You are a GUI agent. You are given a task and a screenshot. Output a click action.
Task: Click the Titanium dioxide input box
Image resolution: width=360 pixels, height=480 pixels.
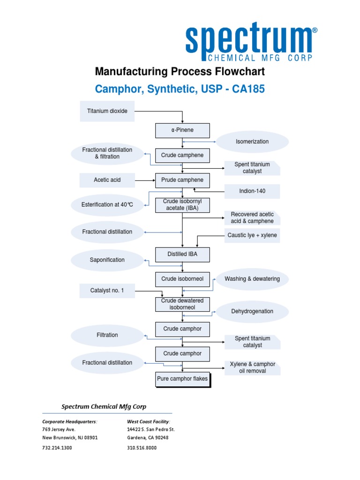[107, 111]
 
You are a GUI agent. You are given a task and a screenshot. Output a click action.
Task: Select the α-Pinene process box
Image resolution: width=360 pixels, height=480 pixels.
[182, 130]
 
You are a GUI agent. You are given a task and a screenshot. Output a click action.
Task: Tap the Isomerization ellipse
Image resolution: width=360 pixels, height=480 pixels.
[252, 142]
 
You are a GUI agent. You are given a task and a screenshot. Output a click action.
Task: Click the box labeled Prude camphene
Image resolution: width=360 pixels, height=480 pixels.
[182, 180]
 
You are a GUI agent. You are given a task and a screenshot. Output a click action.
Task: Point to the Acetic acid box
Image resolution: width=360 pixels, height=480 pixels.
[107, 180]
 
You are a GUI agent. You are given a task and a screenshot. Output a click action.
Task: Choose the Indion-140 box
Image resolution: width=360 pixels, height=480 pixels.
[252, 191]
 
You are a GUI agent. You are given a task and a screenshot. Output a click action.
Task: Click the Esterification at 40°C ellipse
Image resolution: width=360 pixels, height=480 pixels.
[107, 205]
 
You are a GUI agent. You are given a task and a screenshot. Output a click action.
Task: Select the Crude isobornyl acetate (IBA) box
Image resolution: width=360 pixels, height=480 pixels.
[182, 205]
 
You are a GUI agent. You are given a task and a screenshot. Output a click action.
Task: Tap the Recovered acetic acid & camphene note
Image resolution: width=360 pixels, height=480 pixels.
[252, 218]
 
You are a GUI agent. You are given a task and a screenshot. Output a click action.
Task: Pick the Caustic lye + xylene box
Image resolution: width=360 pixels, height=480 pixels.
[252, 235]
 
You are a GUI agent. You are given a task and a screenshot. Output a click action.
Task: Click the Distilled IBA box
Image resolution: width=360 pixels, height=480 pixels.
[182, 255]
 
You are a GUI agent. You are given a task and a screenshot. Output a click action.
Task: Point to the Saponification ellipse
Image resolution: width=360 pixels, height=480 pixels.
[107, 260]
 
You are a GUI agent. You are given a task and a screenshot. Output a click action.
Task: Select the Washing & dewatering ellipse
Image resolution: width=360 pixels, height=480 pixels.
[252, 279]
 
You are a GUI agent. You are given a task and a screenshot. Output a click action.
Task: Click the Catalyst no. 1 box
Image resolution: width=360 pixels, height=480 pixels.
[107, 291]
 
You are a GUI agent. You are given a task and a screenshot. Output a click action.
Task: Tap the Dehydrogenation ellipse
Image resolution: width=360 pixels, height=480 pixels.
[252, 311]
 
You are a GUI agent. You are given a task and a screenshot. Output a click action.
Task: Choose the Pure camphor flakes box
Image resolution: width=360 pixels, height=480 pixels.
[182, 379]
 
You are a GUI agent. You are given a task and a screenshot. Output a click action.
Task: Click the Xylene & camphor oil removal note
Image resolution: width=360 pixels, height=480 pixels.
[252, 367]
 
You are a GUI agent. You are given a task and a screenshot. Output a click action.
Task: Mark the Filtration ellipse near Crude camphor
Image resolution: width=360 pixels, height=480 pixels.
[107, 335]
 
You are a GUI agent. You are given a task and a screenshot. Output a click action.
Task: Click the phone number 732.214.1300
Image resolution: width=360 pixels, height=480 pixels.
[57, 448]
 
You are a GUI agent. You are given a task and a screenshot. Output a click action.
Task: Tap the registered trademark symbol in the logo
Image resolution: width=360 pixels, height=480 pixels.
[315, 30]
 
